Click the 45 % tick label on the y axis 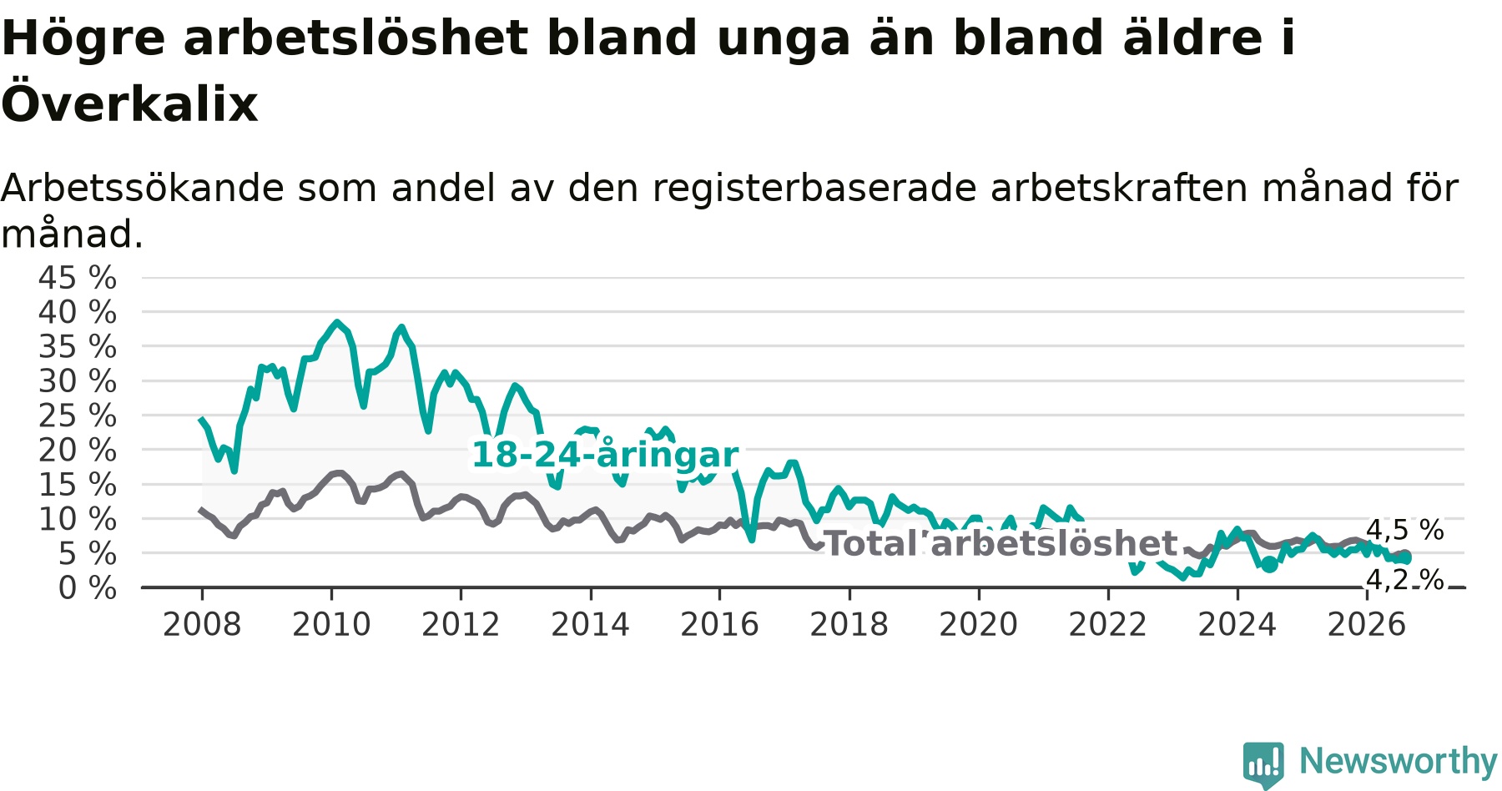coord(78,278)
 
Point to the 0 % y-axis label coord(88,588)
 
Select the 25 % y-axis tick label coord(78,416)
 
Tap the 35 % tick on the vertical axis coord(78,347)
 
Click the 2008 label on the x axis coord(202,625)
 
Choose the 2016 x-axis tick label coord(719,625)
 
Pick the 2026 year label coord(1367,625)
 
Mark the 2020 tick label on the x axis coord(979,625)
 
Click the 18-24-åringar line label coord(605,455)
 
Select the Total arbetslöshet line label coord(1000,544)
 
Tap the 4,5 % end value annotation coord(1405,530)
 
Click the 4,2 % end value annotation coord(1405,580)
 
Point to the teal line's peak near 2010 coord(337,322)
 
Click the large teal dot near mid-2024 coord(1269,565)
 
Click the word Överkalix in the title coord(129,104)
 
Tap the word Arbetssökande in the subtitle coord(143,189)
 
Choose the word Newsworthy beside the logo coord(1398,761)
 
